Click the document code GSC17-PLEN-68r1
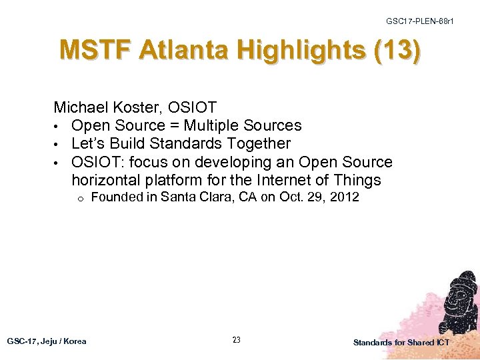pos(419,22)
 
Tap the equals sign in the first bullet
pos(173,125)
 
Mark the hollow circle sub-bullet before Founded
pos(79,198)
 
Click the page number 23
pos(236,340)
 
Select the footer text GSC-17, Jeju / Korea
pos(47,341)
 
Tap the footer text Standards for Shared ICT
pos(401,342)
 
